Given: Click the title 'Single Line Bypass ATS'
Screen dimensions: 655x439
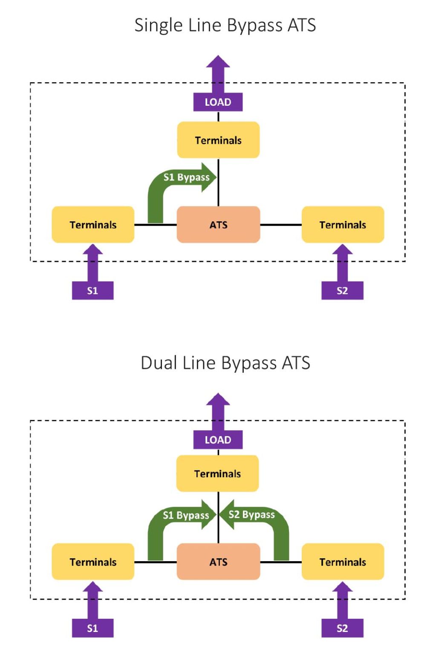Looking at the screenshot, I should (225, 25).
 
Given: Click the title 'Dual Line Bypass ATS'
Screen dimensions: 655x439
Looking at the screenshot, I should (225, 363).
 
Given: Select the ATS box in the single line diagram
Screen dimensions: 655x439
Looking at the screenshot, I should (218, 225).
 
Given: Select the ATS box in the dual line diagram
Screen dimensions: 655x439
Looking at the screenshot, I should (218, 562).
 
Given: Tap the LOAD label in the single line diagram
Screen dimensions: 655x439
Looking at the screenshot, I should (218, 102).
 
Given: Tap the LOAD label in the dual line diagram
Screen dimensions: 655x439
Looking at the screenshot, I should (218, 440).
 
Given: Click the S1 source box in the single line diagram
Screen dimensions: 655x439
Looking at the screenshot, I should (92, 291).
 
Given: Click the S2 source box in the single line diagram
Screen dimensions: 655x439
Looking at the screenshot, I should (342, 291).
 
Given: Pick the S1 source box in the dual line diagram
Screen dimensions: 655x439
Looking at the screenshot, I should (92, 628).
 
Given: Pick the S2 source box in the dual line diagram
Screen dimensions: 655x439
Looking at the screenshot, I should (342, 628).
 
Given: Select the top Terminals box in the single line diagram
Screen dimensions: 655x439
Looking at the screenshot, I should (218, 140).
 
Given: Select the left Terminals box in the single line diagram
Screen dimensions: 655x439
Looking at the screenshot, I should (93, 225).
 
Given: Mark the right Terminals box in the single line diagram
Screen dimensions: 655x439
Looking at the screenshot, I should (343, 225).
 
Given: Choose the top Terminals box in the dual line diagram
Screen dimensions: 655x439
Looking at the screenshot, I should (217, 474).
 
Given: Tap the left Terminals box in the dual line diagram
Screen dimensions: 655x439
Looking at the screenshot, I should (93, 562).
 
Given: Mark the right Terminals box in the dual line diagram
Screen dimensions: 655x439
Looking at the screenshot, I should (343, 562).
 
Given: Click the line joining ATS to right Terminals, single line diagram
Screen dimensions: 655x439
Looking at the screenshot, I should (281, 225).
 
